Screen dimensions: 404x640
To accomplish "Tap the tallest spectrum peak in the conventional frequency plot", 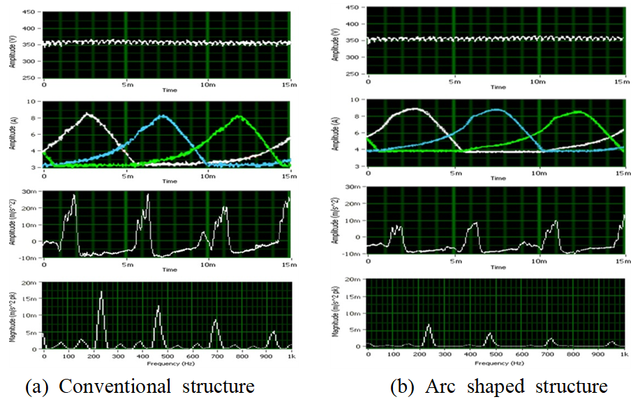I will coord(160,292).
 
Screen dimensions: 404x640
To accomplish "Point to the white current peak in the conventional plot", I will coord(88,114).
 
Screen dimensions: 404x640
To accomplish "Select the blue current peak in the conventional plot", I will coord(163,117).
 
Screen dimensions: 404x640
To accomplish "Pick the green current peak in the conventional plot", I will coord(239,117).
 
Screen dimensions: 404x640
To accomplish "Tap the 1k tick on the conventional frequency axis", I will coord(290,356).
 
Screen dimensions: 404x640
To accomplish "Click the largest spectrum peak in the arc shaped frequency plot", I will coord(429,326).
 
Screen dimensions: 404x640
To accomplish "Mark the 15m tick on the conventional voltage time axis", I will coord(288,83).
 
